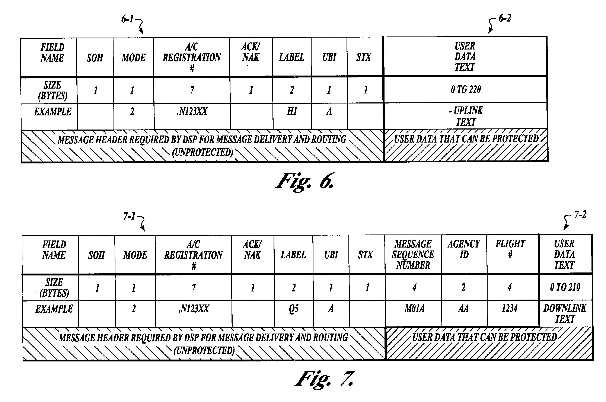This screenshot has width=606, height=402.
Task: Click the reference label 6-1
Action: click(x=127, y=19)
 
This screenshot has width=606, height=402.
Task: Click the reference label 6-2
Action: click(x=505, y=18)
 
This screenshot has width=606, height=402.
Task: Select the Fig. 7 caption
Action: click(x=325, y=379)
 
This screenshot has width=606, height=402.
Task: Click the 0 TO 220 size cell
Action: click(x=466, y=89)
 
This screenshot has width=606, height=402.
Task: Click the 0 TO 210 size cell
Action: click(x=565, y=287)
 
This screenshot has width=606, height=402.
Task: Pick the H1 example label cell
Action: click(x=292, y=111)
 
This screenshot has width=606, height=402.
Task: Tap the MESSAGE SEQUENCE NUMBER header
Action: click(x=413, y=255)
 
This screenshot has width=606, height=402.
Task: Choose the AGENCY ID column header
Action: click(x=464, y=249)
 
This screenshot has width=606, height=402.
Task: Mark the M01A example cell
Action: click(x=414, y=308)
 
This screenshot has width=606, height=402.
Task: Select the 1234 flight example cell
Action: click(x=510, y=308)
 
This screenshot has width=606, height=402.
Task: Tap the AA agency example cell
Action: click(x=463, y=308)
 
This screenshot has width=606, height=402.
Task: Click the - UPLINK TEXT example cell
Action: click(x=466, y=116)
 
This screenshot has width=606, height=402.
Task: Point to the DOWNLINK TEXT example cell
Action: click(x=565, y=313)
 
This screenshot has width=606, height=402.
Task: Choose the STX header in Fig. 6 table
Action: click(x=364, y=57)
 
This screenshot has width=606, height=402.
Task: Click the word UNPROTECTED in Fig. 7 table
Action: click(x=204, y=350)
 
